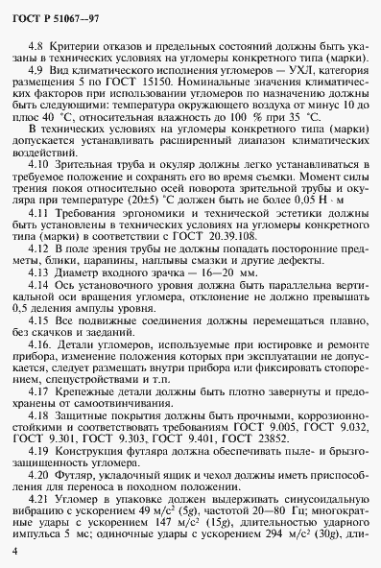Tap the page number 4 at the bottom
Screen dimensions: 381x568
[x=15, y=551]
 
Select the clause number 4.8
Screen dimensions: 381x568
[x=37, y=47]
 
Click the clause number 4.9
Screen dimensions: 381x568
[x=37, y=73]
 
